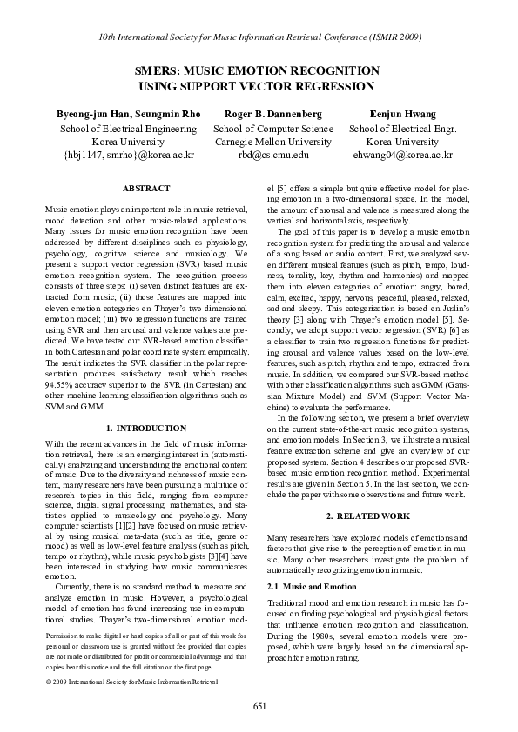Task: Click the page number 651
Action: pos(259,705)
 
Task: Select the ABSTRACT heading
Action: pos(146,188)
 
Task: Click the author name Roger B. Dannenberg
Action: pos(273,114)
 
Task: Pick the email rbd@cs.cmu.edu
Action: pos(273,154)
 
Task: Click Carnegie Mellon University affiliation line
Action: pos(273,141)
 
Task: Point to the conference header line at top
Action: pos(259,38)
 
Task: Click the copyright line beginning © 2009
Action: pos(130,682)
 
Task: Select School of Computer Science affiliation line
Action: pos(273,128)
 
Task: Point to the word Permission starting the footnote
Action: pos(63,636)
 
